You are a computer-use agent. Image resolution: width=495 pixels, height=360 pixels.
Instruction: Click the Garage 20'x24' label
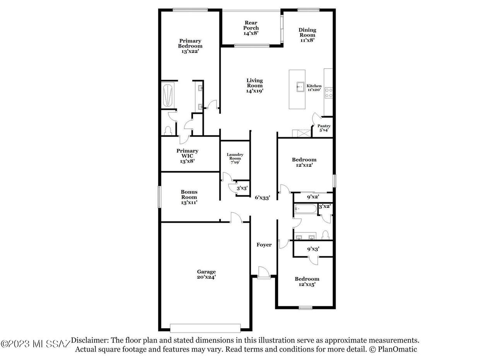coord(206,274)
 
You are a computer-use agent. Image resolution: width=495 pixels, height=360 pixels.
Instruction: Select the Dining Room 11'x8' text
coord(307,35)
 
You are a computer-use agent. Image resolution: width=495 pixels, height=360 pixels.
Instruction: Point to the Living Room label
coord(254,83)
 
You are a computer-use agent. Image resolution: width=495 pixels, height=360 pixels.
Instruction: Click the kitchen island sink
coord(300,87)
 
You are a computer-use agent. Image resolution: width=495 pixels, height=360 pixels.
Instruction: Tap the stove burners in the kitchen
coord(328,93)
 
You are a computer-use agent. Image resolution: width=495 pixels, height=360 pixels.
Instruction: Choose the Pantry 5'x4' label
coord(324,128)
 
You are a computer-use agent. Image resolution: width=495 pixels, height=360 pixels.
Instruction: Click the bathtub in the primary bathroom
coord(167,96)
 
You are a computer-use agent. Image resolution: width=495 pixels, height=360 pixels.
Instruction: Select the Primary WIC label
coord(187,153)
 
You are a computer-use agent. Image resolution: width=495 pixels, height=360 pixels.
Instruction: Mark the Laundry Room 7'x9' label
coord(235,158)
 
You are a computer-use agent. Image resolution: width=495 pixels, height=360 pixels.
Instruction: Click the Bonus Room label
coord(189,195)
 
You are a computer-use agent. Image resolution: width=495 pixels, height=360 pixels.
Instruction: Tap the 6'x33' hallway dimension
coord(262,198)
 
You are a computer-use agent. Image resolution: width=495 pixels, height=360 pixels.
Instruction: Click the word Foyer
coord(264,245)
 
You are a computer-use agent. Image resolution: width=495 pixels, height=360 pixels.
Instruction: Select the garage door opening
coord(205,328)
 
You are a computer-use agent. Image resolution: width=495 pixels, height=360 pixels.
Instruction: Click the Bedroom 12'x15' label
coord(307,282)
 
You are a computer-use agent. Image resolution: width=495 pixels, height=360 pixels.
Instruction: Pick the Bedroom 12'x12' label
coord(304,162)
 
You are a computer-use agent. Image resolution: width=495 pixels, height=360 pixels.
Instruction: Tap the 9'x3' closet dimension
coord(313,249)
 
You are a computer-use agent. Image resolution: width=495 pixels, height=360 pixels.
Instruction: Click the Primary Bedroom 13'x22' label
coord(190,46)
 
